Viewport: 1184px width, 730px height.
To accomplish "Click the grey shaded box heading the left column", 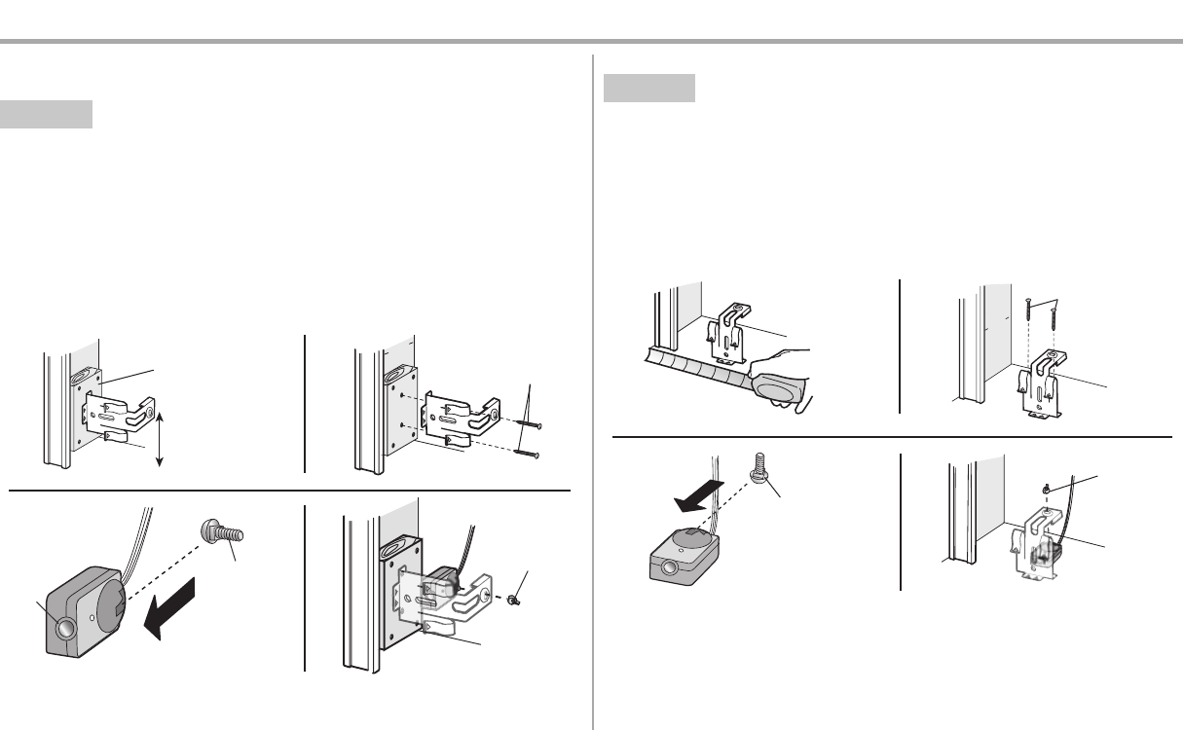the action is click(x=46, y=114).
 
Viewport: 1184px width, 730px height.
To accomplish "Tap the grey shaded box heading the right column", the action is click(x=649, y=88).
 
